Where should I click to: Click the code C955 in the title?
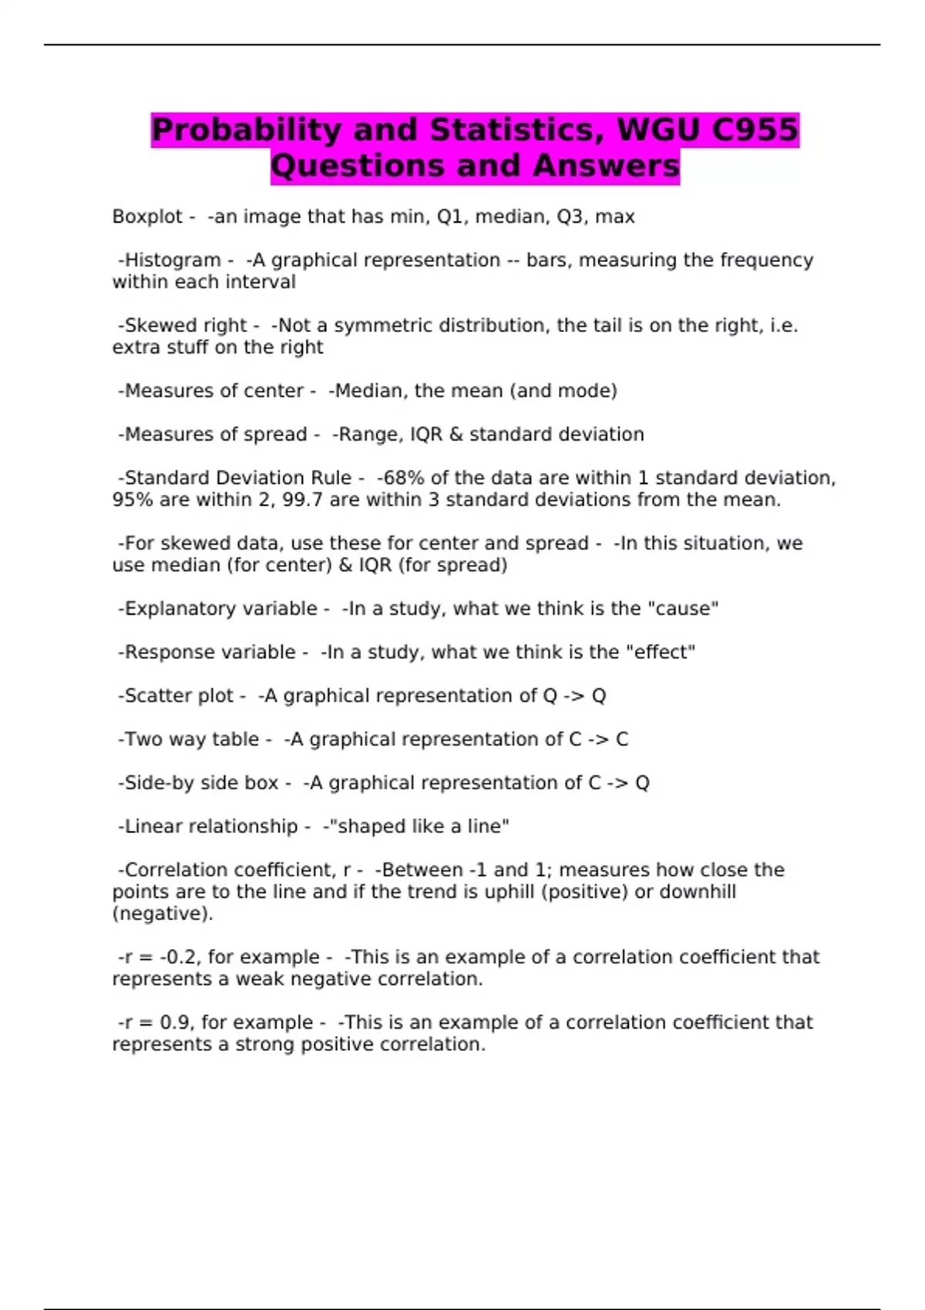coord(754,130)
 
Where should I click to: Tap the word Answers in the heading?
coord(606,166)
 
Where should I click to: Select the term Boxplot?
coord(147,217)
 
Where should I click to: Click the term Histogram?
coord(173,260)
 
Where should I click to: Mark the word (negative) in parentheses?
coord(162,914)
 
